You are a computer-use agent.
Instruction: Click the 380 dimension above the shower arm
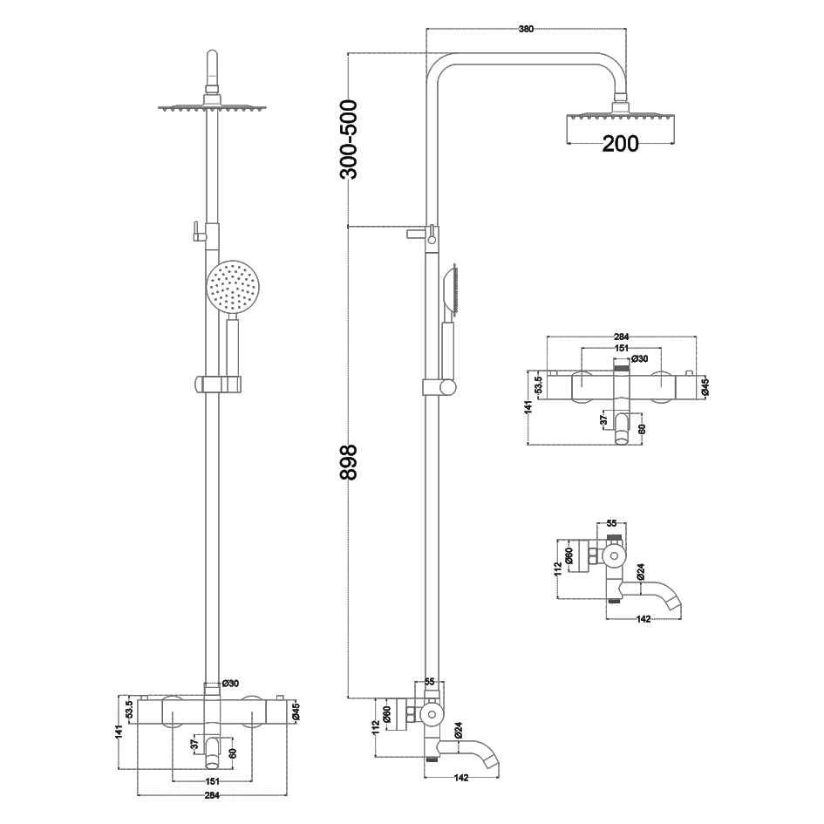coord(526,30)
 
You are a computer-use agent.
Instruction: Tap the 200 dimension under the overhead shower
coord(620,144)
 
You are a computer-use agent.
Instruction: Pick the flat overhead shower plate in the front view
coord(212,108)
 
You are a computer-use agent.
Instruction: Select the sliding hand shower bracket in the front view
coord(218,385)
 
